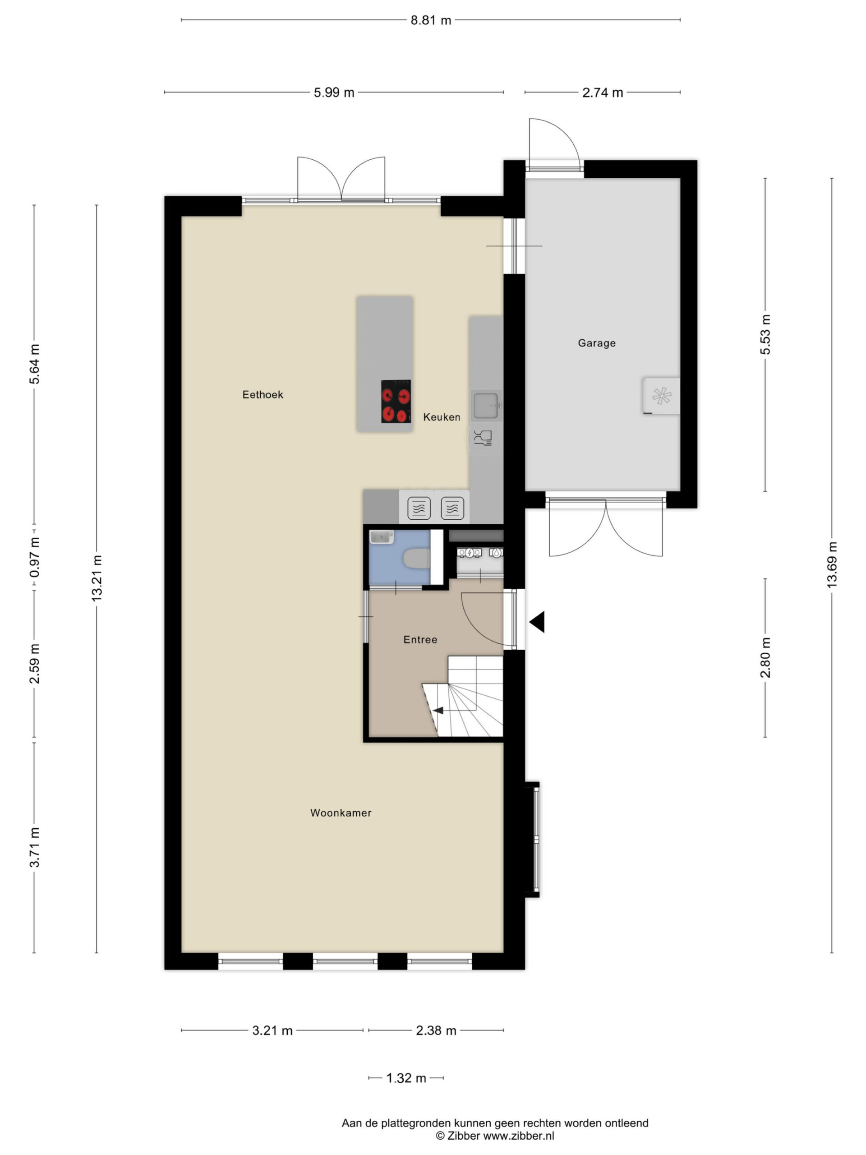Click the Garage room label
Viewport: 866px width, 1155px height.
596,343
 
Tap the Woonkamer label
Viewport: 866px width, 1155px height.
341,813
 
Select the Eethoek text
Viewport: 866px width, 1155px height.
263,395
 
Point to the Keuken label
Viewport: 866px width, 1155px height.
442,417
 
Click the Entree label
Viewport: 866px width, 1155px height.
420,640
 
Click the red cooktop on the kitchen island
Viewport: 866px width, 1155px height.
396,401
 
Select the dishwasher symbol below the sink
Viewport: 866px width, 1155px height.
483,438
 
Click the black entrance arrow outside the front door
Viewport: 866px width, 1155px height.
538,622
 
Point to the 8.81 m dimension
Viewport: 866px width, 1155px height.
431,20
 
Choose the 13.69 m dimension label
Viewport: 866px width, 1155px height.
832,565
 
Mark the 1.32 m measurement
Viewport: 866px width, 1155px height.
406,1078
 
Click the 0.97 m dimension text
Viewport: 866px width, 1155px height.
34,557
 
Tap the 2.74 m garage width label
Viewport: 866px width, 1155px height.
603,92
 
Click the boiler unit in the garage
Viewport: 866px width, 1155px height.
661,396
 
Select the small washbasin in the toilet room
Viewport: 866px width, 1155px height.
382,537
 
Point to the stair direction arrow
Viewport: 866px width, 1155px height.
438,710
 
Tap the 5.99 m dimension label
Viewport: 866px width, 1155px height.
334,92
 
